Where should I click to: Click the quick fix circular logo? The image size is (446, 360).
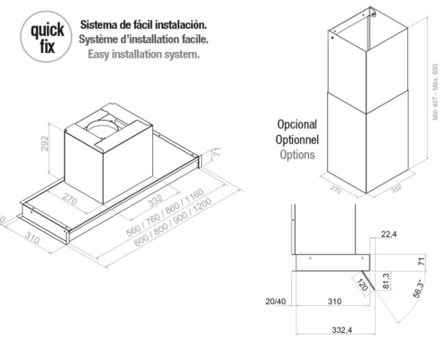46,37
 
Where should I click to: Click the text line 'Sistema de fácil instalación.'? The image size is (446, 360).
143,24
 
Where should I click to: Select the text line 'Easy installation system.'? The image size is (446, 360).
143,54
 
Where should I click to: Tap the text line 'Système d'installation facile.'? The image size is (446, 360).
143,40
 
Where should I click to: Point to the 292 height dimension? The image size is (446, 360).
44,143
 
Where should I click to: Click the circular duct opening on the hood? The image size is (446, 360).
103,129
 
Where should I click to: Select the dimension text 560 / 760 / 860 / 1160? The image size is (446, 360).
165,211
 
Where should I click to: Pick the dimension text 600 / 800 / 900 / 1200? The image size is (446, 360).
173,222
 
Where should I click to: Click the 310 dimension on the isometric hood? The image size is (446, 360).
32,238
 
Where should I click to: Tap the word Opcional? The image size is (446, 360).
297,124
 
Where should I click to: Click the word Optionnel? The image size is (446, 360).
297,139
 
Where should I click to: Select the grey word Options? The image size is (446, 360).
297,155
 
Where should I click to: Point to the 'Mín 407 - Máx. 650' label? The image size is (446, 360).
435,92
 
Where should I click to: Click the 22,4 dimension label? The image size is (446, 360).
388,234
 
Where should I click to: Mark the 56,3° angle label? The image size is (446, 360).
419,288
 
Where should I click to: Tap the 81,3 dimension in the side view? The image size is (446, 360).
387,281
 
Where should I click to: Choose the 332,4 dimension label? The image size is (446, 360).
341,330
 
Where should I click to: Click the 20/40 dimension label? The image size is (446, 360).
276,301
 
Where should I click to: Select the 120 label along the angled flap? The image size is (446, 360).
362,284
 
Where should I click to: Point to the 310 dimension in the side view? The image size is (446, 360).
334,301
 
